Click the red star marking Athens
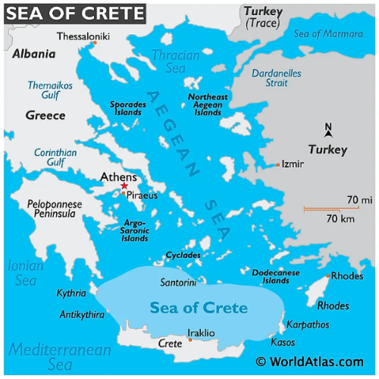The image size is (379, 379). point(124,186)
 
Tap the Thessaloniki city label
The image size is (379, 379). point(83,36)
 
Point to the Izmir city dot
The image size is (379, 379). point(278,164)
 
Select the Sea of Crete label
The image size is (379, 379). point(199,308)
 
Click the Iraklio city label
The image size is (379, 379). point(201,333)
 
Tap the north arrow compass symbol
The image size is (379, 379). point(328,130)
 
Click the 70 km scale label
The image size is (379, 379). point(341,219)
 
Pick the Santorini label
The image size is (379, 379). point(179,283)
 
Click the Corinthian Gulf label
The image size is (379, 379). point(55,157)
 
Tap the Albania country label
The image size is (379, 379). point(34,54)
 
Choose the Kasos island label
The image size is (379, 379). point(283,343)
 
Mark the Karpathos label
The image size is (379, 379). point(308,324)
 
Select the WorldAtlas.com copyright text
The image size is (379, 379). point(315,362)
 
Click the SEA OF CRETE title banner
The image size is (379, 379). point(74,13)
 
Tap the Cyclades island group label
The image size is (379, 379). point(183,255)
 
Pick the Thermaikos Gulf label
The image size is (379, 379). point(50,90)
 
